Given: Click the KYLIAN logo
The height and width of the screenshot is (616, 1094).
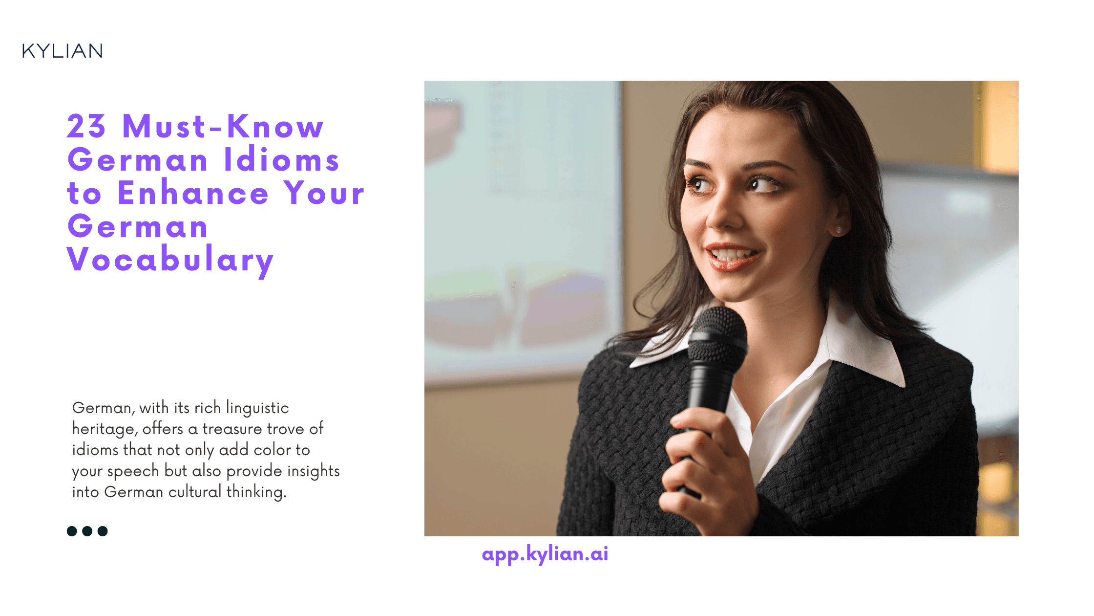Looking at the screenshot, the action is [x=63, y=51].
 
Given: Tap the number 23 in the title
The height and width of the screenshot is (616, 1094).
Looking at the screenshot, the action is [x=86, y=126].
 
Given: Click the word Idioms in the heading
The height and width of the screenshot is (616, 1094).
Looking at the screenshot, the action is [x=281, y=159].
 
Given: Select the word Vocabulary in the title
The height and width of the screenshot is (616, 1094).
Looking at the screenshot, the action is [x=170, y=260].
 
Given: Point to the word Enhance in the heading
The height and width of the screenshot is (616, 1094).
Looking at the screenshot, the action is [x=193, y=193].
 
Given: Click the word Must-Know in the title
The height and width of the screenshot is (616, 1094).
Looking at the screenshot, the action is [x=223, y=126].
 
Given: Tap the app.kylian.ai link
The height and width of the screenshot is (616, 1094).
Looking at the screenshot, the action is [x=545, y=554].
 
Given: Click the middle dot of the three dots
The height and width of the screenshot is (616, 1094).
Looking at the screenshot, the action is [x=87, y=531].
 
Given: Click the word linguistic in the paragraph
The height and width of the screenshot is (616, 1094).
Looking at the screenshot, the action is [x=257, y=408].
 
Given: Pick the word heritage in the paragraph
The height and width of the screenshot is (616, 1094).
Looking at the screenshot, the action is [x=105, y=429].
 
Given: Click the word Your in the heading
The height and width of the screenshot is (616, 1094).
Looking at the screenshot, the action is [x=324, y=193].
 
